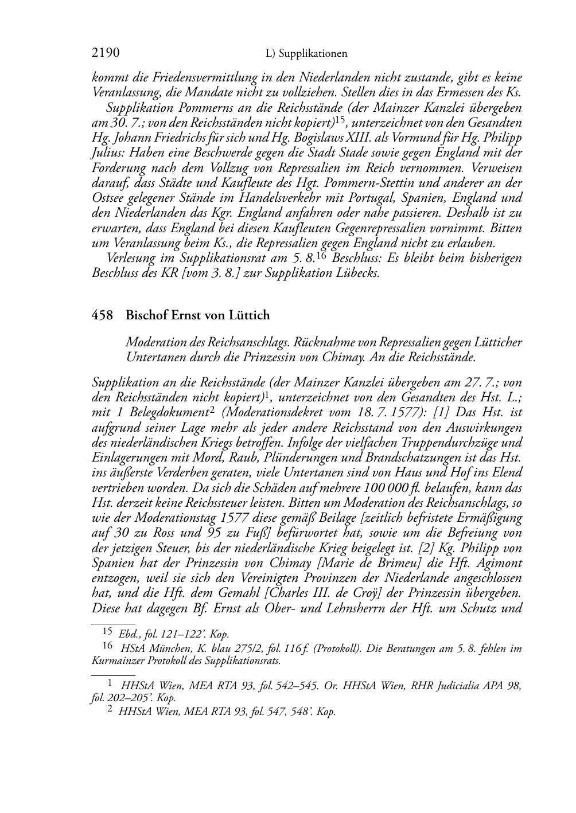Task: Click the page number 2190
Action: (106, 53)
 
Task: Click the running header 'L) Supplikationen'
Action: (307, 54)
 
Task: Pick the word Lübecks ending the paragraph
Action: (360, 273)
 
